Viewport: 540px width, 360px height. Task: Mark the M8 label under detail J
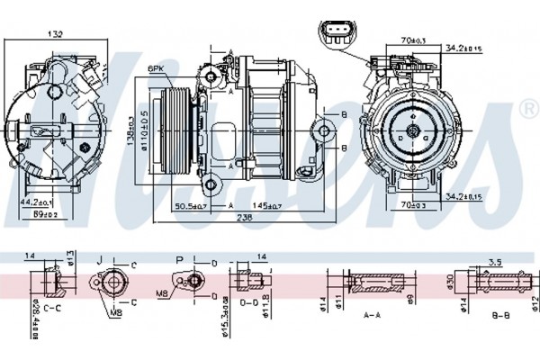pos(116,312)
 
